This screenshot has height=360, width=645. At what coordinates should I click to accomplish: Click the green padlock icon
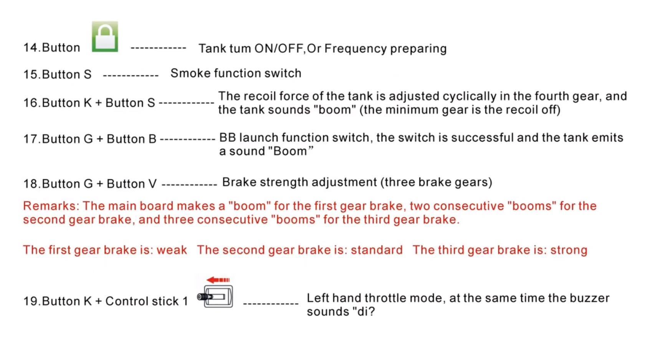(105, 36)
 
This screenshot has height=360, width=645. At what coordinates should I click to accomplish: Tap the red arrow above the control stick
(218, 280)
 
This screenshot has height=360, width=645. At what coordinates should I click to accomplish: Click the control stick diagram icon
(215, 296)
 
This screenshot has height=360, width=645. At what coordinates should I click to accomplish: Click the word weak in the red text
(172, 250)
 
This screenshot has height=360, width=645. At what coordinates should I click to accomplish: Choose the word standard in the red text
(377, 250)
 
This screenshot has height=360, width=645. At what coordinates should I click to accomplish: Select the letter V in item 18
(152, 184)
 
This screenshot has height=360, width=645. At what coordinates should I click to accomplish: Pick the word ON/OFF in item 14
(279, 49)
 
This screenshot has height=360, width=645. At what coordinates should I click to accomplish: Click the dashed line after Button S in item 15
(131, 76)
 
